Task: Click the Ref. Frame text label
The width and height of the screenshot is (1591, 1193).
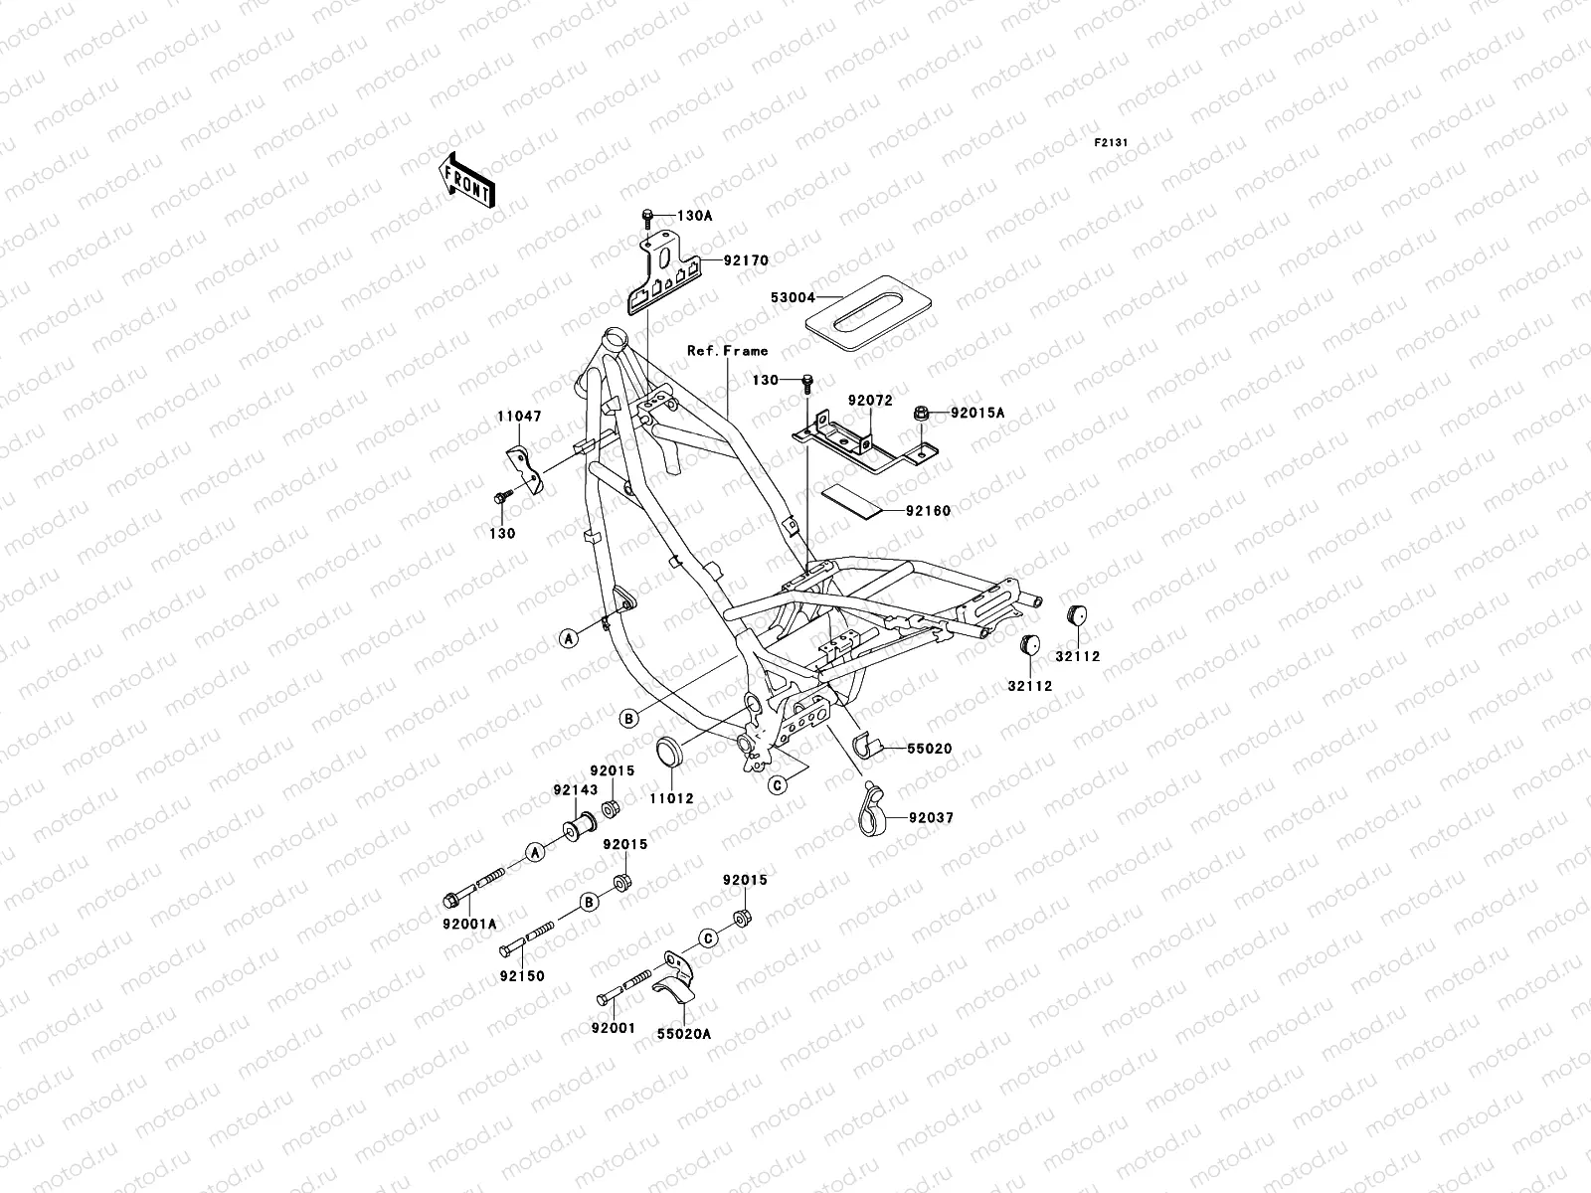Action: point(727,351)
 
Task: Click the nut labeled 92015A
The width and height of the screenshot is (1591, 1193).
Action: point(921,412)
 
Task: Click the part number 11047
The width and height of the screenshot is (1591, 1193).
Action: point(519,417)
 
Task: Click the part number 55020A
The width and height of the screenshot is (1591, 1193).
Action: point(683,1034)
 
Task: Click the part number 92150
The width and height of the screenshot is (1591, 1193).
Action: point(522,976)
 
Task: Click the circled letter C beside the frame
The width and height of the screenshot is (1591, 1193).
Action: point(779,784)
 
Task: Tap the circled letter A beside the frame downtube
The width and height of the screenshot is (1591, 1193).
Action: point(568,639)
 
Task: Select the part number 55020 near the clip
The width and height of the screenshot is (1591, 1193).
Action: point(929,748)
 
